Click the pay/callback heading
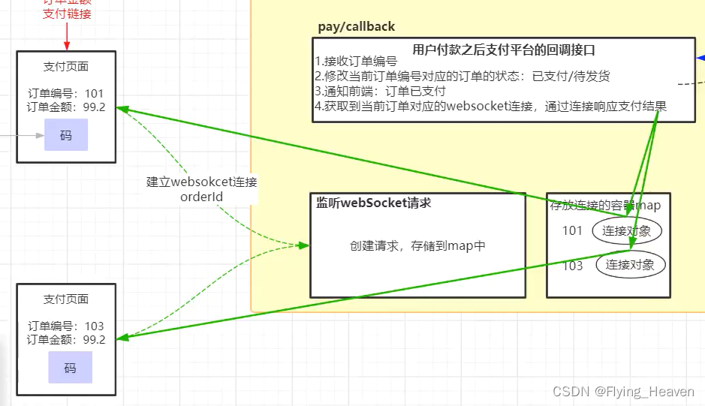tap(356, 27)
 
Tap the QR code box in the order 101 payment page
tap(66, 135)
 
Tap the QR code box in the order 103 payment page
tap(70, 368)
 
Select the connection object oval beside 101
tap(627, 230)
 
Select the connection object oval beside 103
tap(630, 264)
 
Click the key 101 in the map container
tap(572, 230)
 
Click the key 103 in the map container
tap(572, 265)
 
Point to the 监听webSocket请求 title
tap(373, 203)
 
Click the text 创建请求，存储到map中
tap(417, 245)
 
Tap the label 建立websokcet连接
tap(202, 182)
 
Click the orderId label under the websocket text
tap(202, 197)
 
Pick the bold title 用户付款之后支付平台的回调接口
tap(504, 50)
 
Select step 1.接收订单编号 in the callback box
tap(355, 62)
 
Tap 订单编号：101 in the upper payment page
tap(66, 94)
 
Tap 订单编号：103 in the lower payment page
tap(66, 326)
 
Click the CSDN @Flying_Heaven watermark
tap(623, 392)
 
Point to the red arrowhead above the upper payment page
tap(67, 44)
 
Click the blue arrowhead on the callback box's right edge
tap(700, 57)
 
